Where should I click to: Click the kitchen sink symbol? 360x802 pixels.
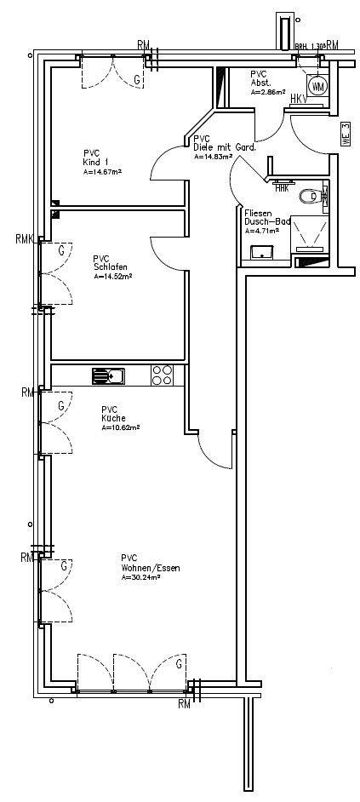(x=107, y=374)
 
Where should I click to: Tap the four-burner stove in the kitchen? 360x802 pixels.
(x=163, y=375)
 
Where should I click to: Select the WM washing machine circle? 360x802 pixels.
(x=318, y=86)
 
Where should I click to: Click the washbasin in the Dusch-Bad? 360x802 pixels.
(x=262, y=249)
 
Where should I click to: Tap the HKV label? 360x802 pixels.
(x=299, y=100)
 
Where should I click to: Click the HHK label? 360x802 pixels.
(x=281, y=187)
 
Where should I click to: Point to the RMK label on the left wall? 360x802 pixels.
(x=23, y=239)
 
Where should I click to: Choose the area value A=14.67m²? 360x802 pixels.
(x=102, y=172)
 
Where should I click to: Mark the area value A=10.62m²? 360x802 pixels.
(x=121, y=428)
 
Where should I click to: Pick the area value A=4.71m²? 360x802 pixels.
(x=263, y=231)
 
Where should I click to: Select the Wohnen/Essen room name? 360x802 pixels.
(x=150, y=568)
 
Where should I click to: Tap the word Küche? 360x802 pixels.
(x=114, y=419)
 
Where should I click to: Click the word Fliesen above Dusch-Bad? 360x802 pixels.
(x=258, y=213)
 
